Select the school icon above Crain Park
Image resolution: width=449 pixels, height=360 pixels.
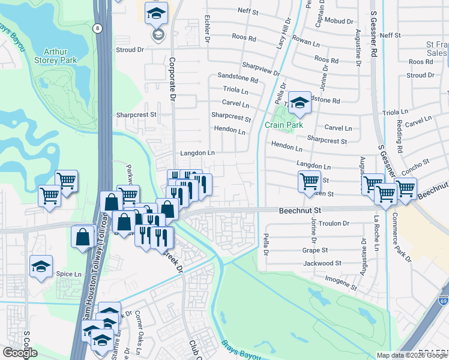pos(299,103)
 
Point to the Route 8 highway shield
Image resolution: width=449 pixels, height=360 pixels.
pos(97,28)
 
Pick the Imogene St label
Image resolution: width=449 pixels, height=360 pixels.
pos(337,279)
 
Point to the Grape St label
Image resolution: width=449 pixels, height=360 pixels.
pos(315,250)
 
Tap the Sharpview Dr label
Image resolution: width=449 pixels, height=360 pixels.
pos(261,68)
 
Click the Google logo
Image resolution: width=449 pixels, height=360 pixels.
pos(20,353)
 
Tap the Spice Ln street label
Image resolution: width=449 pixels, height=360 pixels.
pos(68,274)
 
